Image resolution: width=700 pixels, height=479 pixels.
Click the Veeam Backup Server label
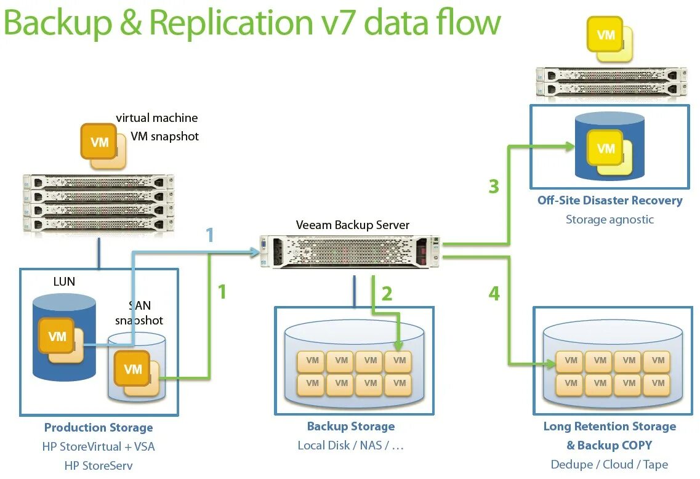[352, 225]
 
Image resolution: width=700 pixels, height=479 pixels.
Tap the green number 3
[494, 186]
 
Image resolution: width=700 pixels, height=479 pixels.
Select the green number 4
[494, 294]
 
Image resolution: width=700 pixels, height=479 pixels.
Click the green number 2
[387, 294]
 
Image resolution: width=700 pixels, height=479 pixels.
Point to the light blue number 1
[209, 235]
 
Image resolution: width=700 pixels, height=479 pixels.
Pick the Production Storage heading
[99, 427]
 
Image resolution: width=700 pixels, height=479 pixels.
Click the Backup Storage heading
[351, 426]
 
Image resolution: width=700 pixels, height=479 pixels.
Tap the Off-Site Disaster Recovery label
[609, 200]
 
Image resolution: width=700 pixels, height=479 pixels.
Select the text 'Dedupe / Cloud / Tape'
[609, 465]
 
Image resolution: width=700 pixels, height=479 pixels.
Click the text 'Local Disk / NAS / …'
[351, 445]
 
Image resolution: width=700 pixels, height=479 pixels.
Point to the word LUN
[64, 281]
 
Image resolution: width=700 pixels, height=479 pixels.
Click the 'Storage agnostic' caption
[609, 219]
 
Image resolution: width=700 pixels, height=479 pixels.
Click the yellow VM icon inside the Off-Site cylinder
[606, 149]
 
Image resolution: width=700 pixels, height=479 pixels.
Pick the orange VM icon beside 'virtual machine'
[100, 143]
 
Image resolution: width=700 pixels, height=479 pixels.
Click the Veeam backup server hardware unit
[350, 252]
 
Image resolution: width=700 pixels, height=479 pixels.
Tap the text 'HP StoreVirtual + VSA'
[99, 446]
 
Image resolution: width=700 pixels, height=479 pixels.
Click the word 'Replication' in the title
[230, 23]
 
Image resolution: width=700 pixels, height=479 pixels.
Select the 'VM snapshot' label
[164, 136]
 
